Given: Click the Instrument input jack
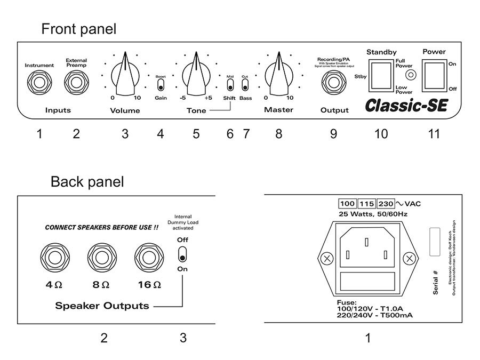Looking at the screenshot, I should pyautogui.click(x=39, y=83).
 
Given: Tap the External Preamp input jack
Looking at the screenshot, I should pyautogui.click(x=76, y=83).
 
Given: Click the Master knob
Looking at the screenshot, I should pyautogui.click(x=278, y=77).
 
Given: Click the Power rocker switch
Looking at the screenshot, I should pyautogui.click(x=434, y=74).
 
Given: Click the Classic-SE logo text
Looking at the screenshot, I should pyautogui.click(x=406, y=105).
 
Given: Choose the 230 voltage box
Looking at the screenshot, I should pyautogui.click(x=386, y=204).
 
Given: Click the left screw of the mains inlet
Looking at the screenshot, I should pyautogui.click(x=326, y=259).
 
